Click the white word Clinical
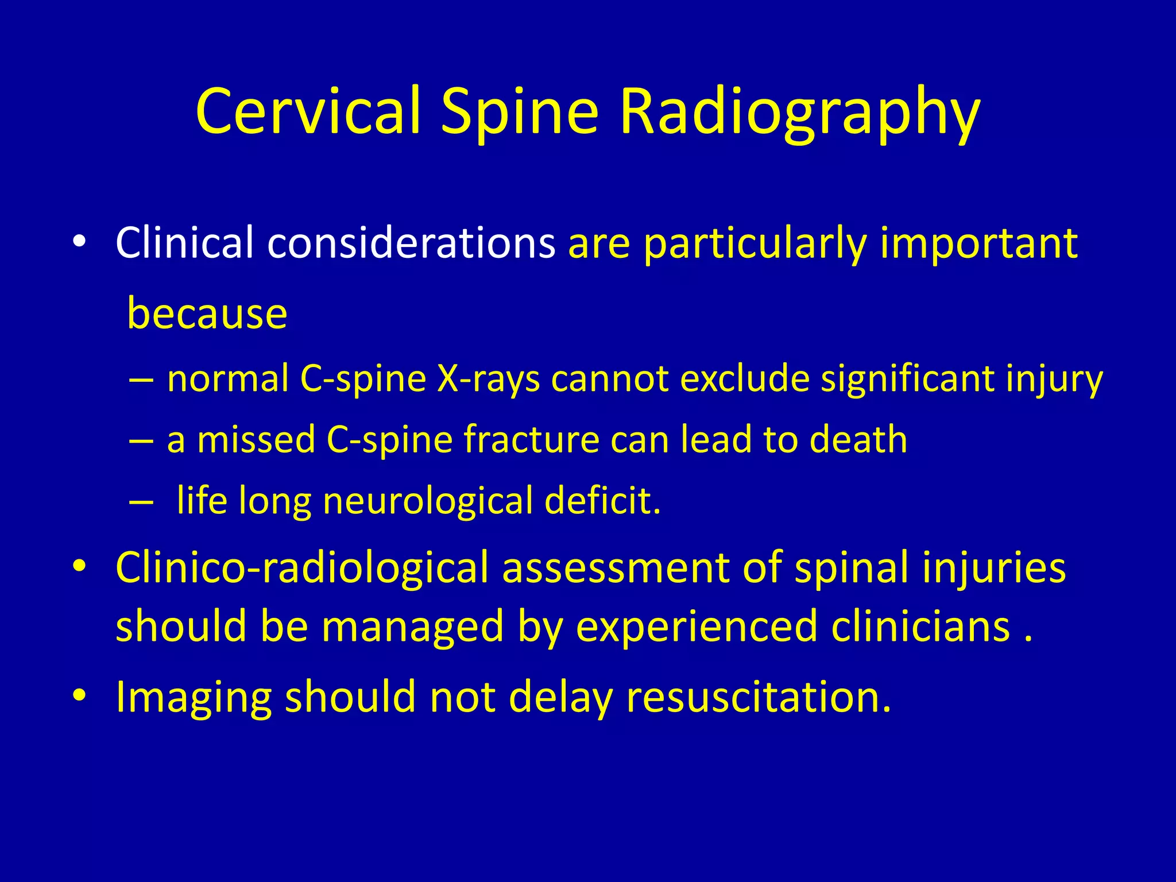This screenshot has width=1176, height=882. tap(184, 243)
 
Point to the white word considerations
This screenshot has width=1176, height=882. tap(411, 243)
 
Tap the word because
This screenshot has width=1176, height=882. tap(207, 314)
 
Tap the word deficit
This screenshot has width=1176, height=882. tap(602, 501)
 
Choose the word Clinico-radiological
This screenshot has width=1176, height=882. tap(302, 568)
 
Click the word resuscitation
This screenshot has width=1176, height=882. tap(759, 697)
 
